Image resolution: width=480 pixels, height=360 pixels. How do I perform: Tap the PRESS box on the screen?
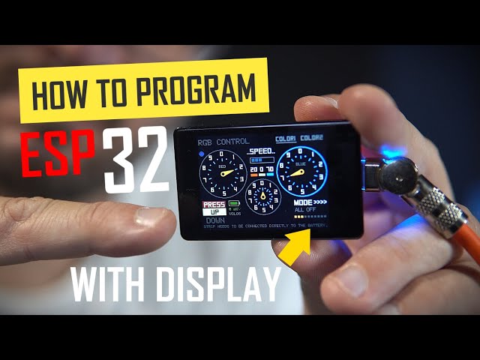214,204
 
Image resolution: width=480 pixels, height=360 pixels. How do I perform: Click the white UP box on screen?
214,211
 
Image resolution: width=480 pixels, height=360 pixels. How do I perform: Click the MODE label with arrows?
310,202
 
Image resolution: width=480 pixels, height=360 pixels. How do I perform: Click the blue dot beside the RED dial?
202,156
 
